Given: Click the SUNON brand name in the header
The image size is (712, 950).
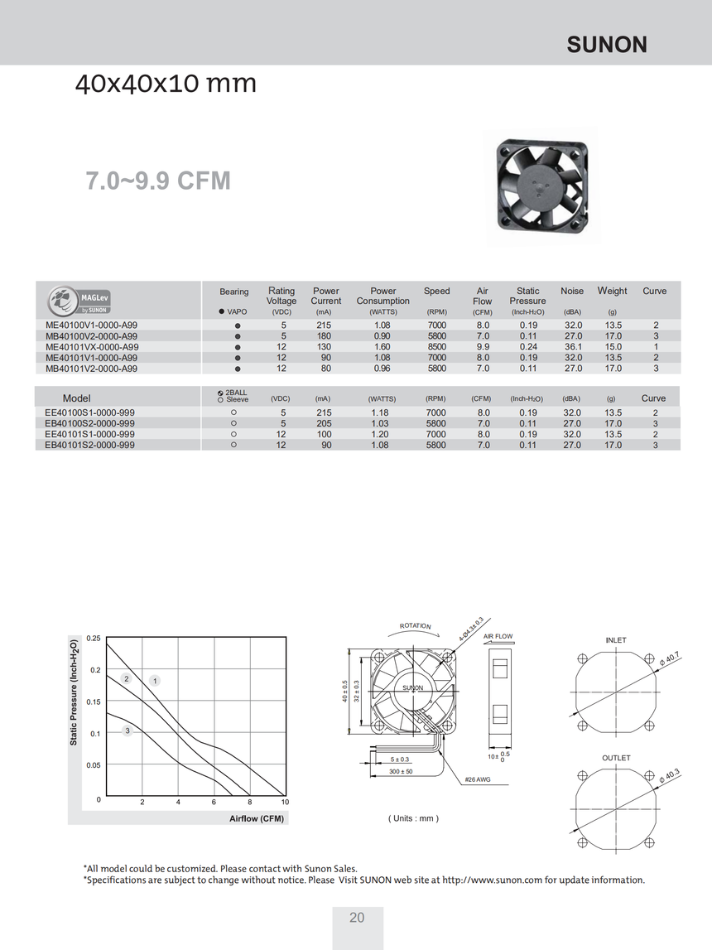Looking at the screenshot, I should pyautogui.click(x=606, y=45).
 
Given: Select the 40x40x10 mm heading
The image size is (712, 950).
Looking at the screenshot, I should pyautogui.click(x=166, y=84).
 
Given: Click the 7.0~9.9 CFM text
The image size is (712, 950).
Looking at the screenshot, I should pyautogui.click(x=158, y=181).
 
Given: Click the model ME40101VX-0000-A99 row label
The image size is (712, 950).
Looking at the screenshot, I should pyautogui.click(x=92, y=347).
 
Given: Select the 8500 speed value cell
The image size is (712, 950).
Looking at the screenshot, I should pyautogui.click(x=436, y=347).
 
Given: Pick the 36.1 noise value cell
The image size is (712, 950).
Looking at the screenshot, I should pyautogui.click(x=573, y=347).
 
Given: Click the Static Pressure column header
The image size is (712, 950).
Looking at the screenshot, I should pyautogui.click(x=527, y=296).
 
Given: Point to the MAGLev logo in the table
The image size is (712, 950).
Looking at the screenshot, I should pyautogui.click(x=79, y=299).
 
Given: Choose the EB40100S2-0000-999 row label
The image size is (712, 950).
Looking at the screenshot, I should pyautogui.click(x=90, y=423).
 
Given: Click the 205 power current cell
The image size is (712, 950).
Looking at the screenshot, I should pyautogui.click(x=324, y=423).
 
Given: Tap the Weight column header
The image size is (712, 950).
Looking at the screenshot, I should pyautogui.click(x=613, y=291).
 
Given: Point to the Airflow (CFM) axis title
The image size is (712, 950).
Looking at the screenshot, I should pyautogui.click(x=257, y=818).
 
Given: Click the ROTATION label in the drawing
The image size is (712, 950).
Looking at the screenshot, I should pyautogui.click(x=416, y=626).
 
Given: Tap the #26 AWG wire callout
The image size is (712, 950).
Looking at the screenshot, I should pyautogui.click(x=478, y=779).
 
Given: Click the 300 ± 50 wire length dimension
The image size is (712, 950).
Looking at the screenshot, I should pyautogui.click(x=400, y=772).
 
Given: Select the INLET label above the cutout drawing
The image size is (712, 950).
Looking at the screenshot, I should pyautogui.click(x=616, y=640).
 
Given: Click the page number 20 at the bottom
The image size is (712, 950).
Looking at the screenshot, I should pyautogui.click(x=357, y=918).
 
